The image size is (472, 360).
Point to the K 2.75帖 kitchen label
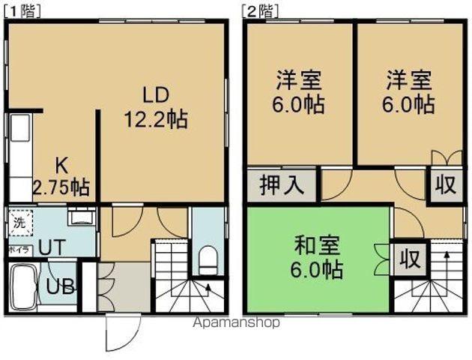[61, 175]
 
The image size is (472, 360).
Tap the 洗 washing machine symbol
[19, 222]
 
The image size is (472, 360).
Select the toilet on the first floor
[208, 259]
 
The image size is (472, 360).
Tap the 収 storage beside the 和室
[408, 259]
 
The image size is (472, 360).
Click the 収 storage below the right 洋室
[445, 184]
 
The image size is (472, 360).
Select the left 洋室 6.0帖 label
[300, 91]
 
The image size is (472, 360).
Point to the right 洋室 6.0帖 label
[410, 91]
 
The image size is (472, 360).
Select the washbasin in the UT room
[80, 218]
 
